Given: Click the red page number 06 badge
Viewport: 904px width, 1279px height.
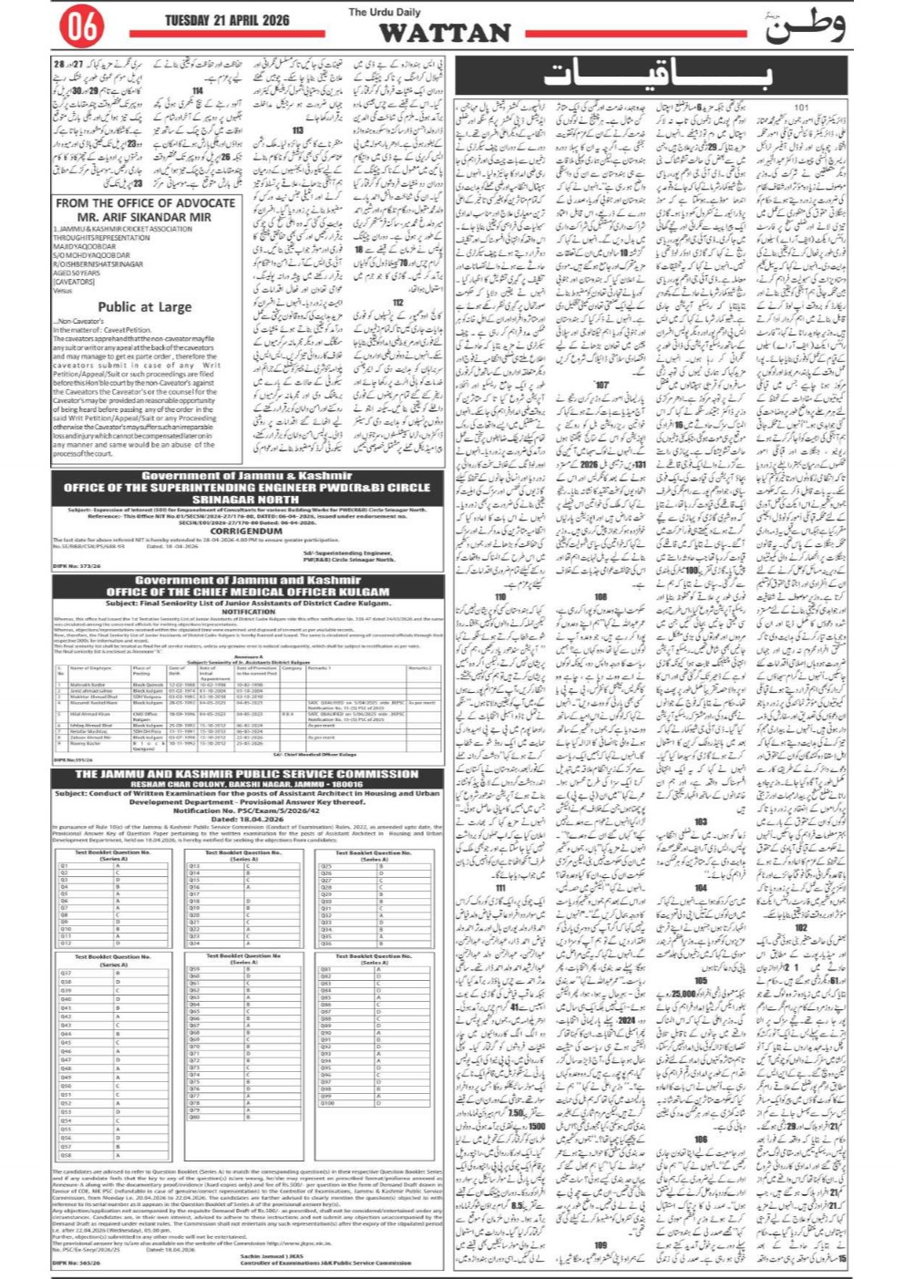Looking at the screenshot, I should tap(82, 27).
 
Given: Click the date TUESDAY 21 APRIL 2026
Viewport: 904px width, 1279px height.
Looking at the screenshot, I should tap(227, 20).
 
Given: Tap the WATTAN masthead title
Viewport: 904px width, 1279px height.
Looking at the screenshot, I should tap(445, 34).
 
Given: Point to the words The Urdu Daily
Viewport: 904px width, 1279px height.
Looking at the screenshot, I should tap(385, 12).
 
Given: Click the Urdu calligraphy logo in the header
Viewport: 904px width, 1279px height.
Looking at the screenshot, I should tap(805, 27).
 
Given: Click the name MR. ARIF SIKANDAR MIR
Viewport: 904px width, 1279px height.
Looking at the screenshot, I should tap(144, 217).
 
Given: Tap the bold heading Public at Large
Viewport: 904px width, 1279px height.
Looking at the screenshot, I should tap(145, 307).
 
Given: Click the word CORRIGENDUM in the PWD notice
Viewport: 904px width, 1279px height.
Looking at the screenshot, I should tap(246, 531).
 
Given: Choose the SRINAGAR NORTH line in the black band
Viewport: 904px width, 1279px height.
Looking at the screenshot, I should tap(246, 500).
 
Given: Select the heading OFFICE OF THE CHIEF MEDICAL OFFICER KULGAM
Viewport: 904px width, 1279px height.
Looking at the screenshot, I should tap(248, 592).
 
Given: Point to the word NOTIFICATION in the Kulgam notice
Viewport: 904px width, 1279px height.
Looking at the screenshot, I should tap(248, 612).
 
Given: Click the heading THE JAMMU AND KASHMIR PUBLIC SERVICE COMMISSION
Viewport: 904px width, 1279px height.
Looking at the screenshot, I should tap(246, 774).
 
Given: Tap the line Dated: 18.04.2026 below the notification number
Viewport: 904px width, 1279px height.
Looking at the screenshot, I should tap(247, 819).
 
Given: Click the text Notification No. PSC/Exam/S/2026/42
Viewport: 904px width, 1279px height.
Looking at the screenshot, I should tap(247, 810).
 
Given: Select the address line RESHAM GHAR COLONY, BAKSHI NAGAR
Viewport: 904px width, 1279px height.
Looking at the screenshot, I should tap(246, 784).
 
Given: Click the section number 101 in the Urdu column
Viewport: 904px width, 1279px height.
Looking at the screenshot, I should tap(800, 108).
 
